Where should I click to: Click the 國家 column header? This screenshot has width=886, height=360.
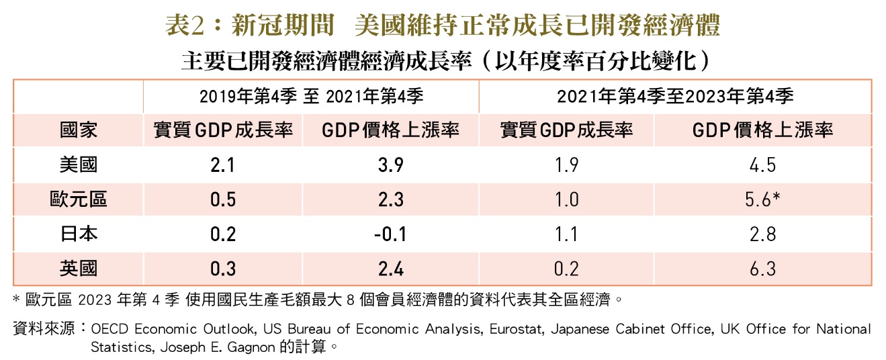[79, 130]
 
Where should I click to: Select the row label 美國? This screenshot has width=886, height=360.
[79, 165]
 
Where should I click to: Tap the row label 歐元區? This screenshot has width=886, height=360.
[79, 199]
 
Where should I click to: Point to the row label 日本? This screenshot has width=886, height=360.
[79, 234]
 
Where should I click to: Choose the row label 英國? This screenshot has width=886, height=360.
[79, 269]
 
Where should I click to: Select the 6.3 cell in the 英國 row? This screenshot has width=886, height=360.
[762, 269]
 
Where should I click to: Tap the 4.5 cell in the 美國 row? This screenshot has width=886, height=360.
[762, 165]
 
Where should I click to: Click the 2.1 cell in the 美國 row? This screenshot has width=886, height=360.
[222, 165]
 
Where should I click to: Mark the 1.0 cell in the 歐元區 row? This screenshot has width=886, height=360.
[566, 199]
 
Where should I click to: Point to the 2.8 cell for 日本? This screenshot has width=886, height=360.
[762, 234]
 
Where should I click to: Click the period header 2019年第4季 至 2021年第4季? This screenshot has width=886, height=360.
[312, 97]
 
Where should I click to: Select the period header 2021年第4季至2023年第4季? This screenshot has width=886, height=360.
[676, 97]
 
